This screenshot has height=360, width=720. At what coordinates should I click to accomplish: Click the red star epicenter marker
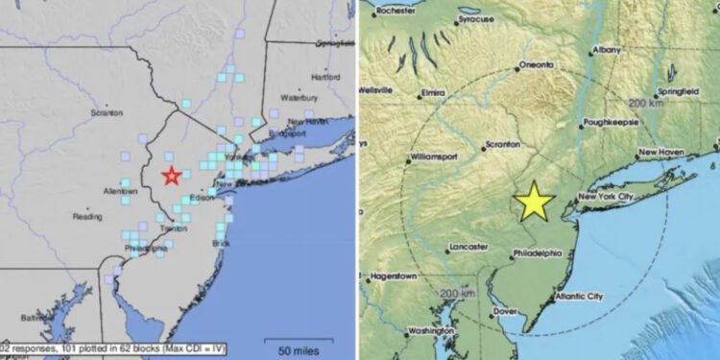(x=171, y=175)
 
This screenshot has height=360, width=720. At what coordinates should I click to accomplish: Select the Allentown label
(x=121, y=192)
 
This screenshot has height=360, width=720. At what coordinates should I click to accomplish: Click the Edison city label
(x=201, y=199)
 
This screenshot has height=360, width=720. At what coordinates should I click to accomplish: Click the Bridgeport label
(x=285, y=133)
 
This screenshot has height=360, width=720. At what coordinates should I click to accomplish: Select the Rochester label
(x=396, y=12)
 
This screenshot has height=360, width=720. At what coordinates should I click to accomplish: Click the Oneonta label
(x=536, y=65)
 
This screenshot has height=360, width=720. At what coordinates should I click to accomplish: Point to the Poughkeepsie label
(x=614, y=123)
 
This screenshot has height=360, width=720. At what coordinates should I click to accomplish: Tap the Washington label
(x=430, y=331)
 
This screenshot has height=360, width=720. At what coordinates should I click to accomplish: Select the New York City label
(x=607, y=197)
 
